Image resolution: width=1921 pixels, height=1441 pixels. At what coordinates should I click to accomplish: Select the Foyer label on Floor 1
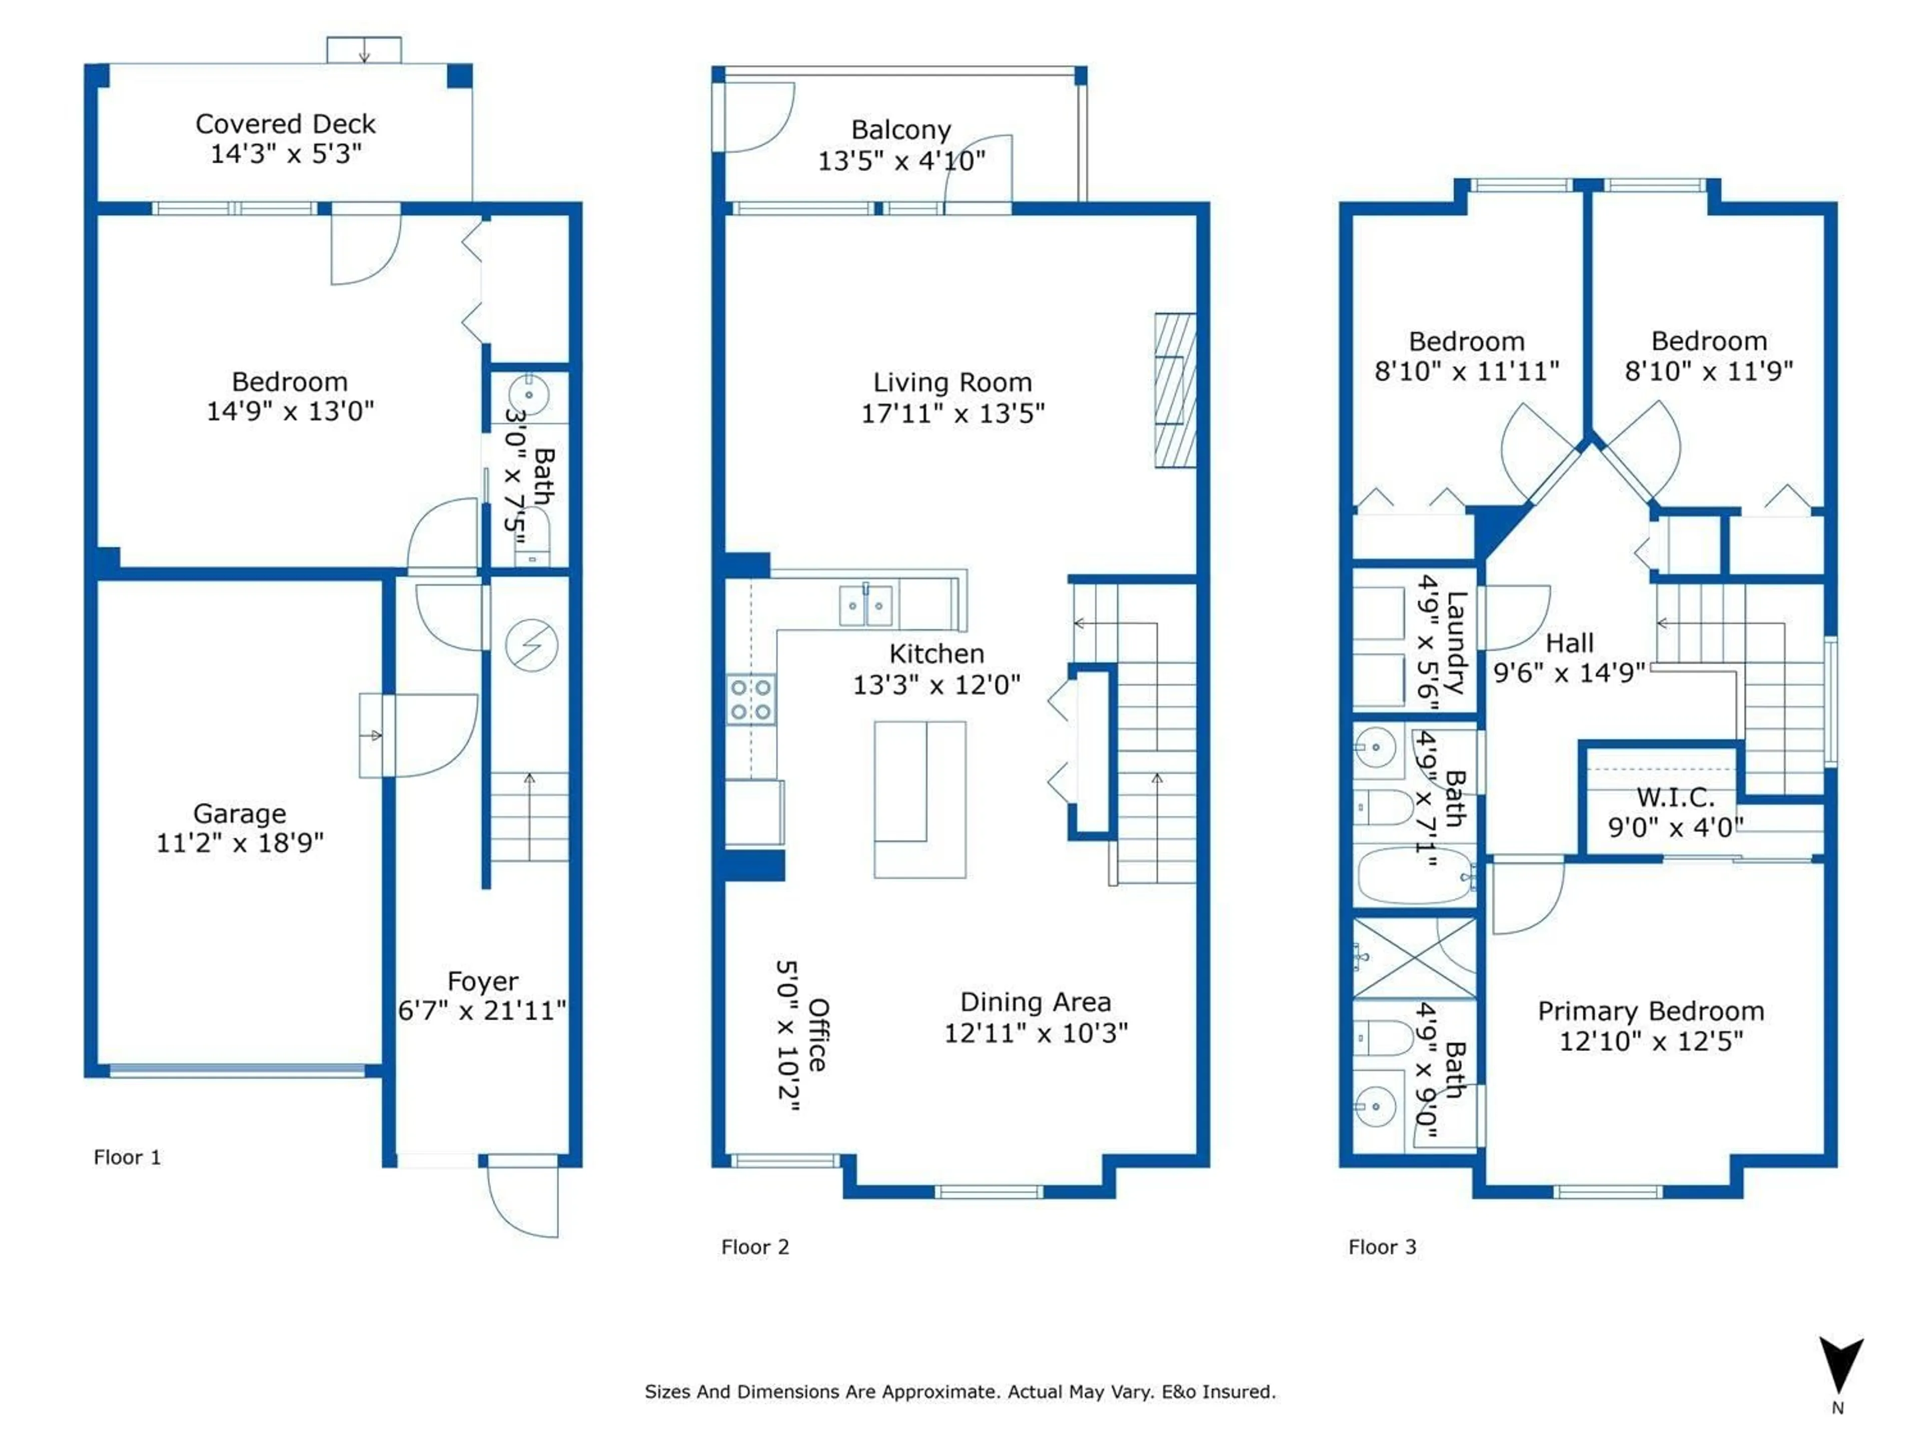click(483, 982)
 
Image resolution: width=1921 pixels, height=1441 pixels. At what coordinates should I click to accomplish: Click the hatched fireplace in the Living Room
click(1175, 391)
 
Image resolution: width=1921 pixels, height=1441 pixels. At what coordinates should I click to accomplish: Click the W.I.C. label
click(1675, 798)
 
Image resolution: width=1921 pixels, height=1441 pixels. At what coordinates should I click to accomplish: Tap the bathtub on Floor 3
click(1414, 877)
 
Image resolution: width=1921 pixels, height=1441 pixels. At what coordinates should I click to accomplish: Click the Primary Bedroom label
click(1651, 1011)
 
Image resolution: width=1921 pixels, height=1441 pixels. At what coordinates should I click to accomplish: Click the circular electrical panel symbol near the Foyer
click(531, 645)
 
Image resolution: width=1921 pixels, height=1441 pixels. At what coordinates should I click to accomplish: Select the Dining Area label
click(1035, 1002)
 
